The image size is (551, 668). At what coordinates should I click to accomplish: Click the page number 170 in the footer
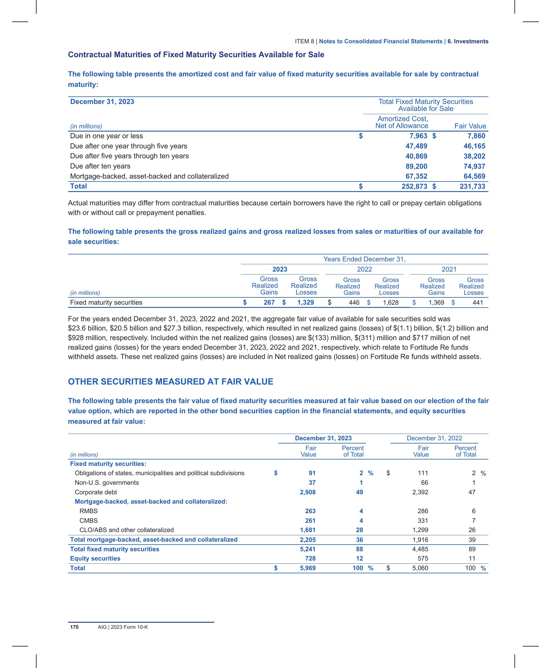[74, 627]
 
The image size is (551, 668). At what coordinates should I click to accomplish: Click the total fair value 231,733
[472, 186]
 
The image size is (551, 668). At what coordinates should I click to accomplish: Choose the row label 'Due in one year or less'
[106, 136]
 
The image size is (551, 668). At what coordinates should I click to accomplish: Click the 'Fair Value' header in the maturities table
[470, 126]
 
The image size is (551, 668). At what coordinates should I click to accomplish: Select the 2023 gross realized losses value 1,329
[305, 303]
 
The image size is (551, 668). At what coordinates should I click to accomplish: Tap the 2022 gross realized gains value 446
[354, 303]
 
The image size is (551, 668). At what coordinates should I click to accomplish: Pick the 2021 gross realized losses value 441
[477, 303]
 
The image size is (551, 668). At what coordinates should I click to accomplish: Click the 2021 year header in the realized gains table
[449, 270]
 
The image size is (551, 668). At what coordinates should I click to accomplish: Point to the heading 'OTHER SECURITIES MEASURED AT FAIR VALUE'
[171, 382]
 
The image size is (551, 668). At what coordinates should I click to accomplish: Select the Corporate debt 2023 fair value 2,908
[308, 492]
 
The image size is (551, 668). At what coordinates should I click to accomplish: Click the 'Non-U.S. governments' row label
[107, 483]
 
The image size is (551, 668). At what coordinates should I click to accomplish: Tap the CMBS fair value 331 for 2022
[423, 520]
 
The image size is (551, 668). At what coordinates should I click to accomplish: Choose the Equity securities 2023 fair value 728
[310, 559]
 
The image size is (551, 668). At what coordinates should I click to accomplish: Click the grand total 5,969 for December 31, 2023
[308, 568]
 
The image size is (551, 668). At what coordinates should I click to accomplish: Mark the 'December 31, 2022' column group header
[434, 438]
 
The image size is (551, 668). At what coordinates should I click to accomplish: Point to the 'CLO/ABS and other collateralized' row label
[126, 530]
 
